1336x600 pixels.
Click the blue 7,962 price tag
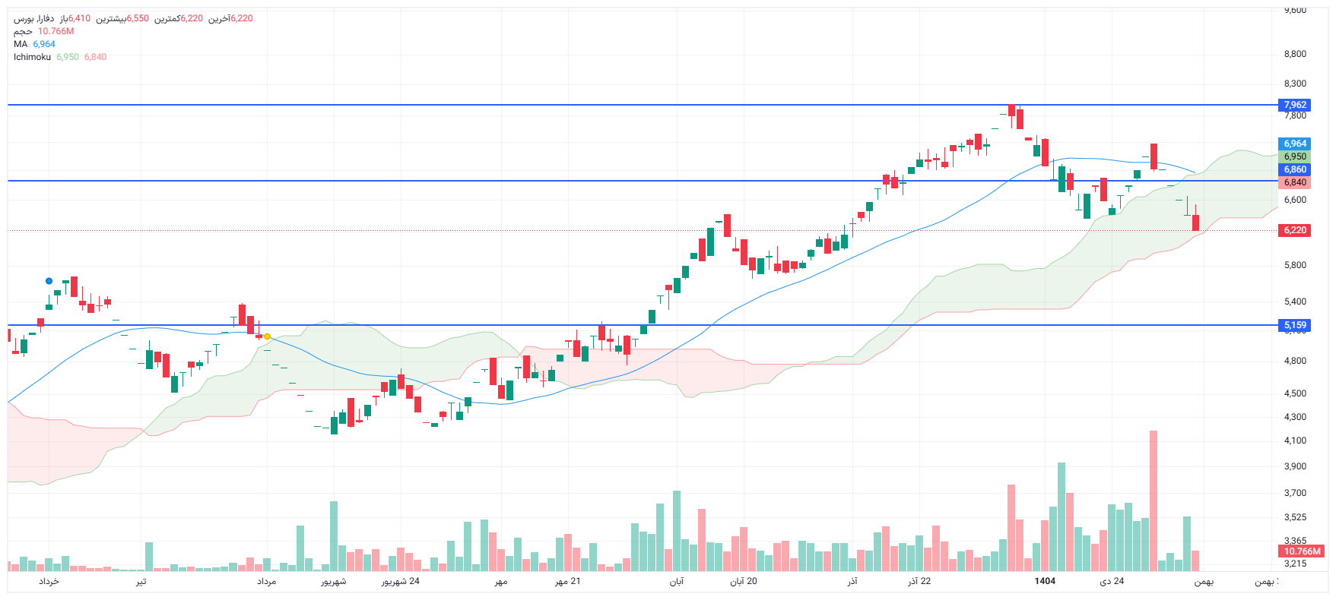[1295, 105]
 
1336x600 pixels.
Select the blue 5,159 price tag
[1295, 325]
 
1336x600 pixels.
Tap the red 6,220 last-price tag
[1295, 230]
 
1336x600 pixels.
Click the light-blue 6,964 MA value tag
[1295, 144]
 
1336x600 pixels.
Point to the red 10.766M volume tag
[1302, 551]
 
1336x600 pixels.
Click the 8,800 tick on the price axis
[1295, 54]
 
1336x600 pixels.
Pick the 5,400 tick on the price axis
[1295, 302]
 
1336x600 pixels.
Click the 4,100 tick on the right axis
[1295, 441]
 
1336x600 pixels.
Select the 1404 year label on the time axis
[1045, 581]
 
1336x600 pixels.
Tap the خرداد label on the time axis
[49, 581]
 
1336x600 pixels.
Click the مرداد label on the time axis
[266, 581]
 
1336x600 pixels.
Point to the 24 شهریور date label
[400, 581]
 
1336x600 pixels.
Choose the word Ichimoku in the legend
[32, 57]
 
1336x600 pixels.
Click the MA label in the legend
[21, 44]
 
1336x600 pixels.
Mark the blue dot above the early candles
[49, 281]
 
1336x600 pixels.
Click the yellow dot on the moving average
[267, 336]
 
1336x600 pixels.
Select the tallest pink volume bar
[1154, 501]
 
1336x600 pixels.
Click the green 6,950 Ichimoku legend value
[68, 57]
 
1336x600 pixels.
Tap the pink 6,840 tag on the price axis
[1295, 182]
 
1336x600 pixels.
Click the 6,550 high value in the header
[138, 18]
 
